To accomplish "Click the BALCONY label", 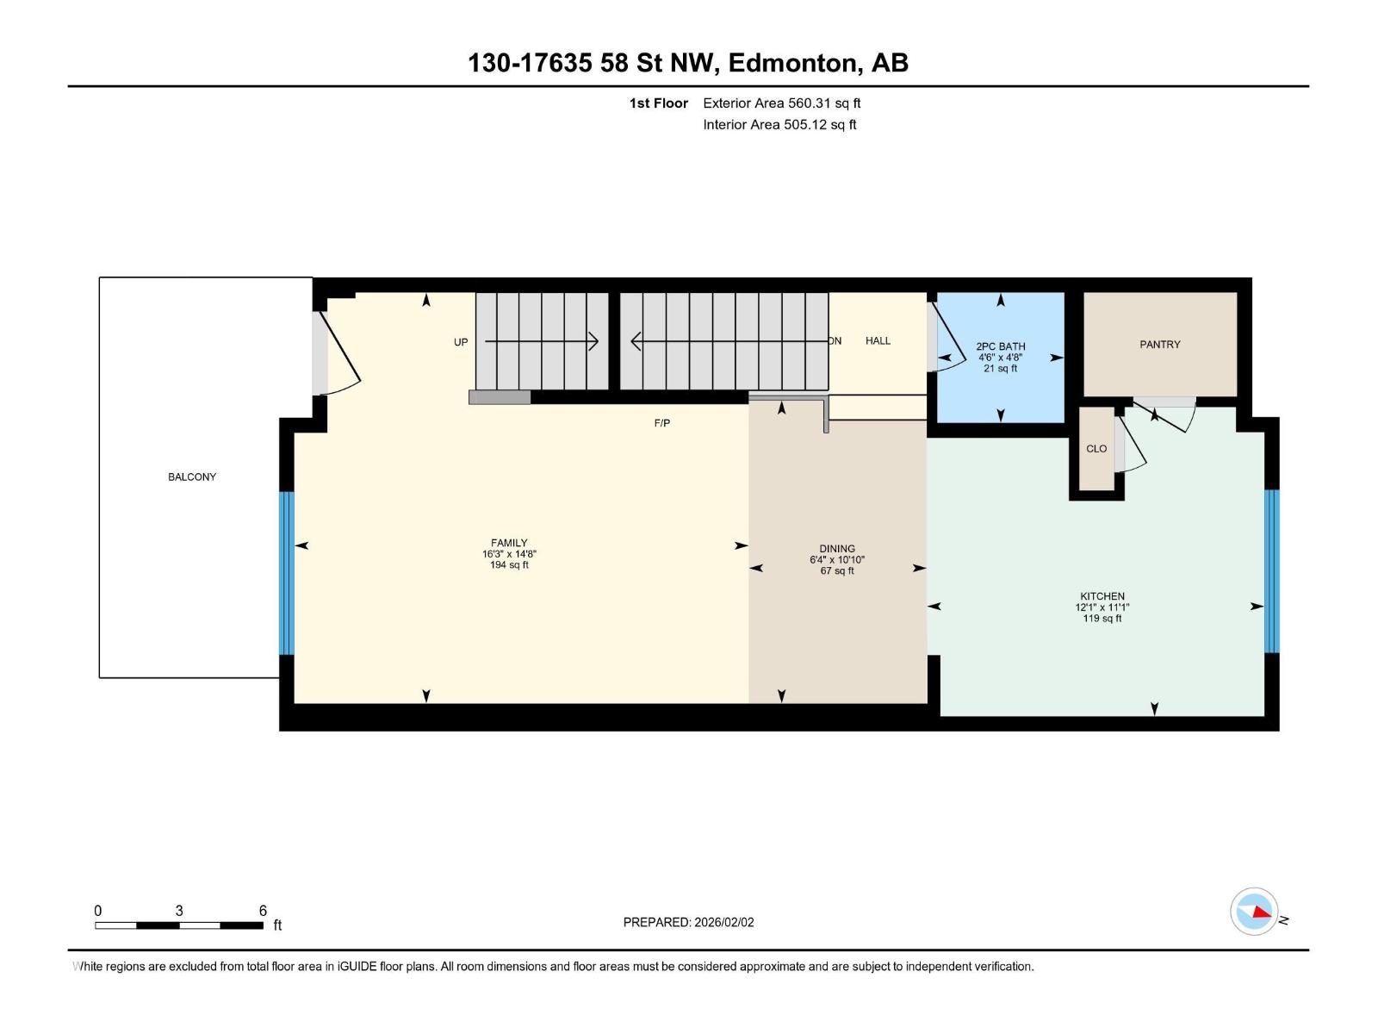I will tap(192, 477).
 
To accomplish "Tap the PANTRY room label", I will tap(1159, 344).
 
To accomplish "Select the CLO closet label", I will tap(1096, 448).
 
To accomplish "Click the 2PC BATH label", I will tap(1000, 346).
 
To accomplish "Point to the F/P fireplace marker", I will tap(661, 423).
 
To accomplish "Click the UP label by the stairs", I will tap(461, 342).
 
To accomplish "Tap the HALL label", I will tap(878, 340).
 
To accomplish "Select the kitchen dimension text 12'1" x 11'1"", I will tap(1102, 607).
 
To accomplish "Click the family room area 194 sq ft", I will tap(509, 565).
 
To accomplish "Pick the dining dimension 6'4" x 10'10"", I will tap(836, 560).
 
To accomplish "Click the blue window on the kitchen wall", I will tap(1270, 571).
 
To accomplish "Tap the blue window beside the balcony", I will tap(287, 573).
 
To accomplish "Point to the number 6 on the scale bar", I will tap(263, 911).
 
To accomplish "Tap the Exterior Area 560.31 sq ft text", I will tap(781, 103).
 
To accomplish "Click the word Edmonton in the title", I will tap(793, 63).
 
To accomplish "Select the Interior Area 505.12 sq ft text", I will tap(779, 125).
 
